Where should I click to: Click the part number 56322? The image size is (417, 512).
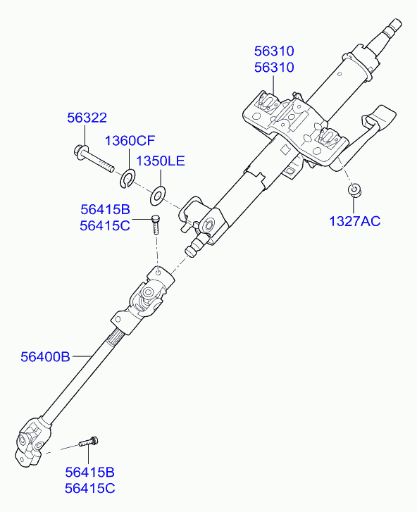tap(87, 118)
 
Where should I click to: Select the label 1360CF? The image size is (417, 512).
tap(130, 141)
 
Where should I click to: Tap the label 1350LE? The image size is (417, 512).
tap(161, 161)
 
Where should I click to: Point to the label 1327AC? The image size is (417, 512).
tap(354, 221)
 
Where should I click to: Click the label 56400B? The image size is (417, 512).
tap(45, 356)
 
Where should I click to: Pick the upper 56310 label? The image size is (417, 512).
tap(274, 51)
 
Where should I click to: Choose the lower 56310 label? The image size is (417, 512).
tap(274, 68)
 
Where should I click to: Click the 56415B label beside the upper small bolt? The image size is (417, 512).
tap(105, 209)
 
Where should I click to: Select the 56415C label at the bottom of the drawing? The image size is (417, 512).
tap(89, 489)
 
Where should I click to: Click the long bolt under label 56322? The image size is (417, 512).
tap(94, 159)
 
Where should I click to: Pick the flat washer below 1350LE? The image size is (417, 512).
tap(158, 196)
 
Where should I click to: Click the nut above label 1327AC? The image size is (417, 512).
tap(354, 190)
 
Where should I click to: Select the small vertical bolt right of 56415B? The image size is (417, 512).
tap(156, 224)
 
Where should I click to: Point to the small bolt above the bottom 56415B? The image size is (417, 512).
tap(89, 442)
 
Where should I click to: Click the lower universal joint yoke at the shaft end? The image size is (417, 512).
tap(32, 441)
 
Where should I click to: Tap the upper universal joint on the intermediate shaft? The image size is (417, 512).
tap(144, 299)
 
